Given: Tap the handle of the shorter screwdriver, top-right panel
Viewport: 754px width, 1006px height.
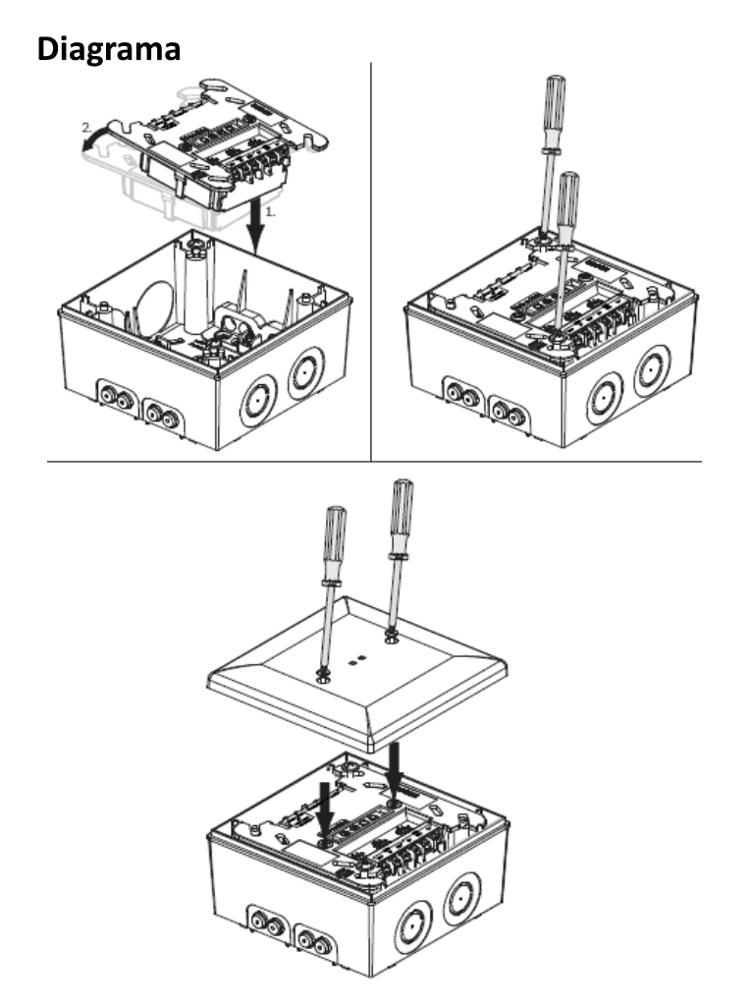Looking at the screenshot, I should (x=567, y=196).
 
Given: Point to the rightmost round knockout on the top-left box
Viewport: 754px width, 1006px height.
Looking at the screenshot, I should (x=302, y=374).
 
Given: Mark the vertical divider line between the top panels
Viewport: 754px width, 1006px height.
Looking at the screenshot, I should (x=371, y=260).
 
